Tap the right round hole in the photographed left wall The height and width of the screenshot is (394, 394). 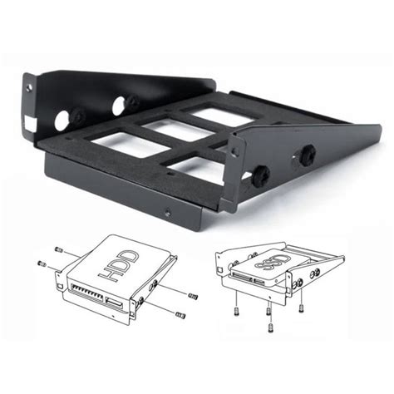tap(131, 104)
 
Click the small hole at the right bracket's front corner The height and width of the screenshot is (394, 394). tap(235, 151)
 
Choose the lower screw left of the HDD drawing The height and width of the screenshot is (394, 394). tap(42, 263)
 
